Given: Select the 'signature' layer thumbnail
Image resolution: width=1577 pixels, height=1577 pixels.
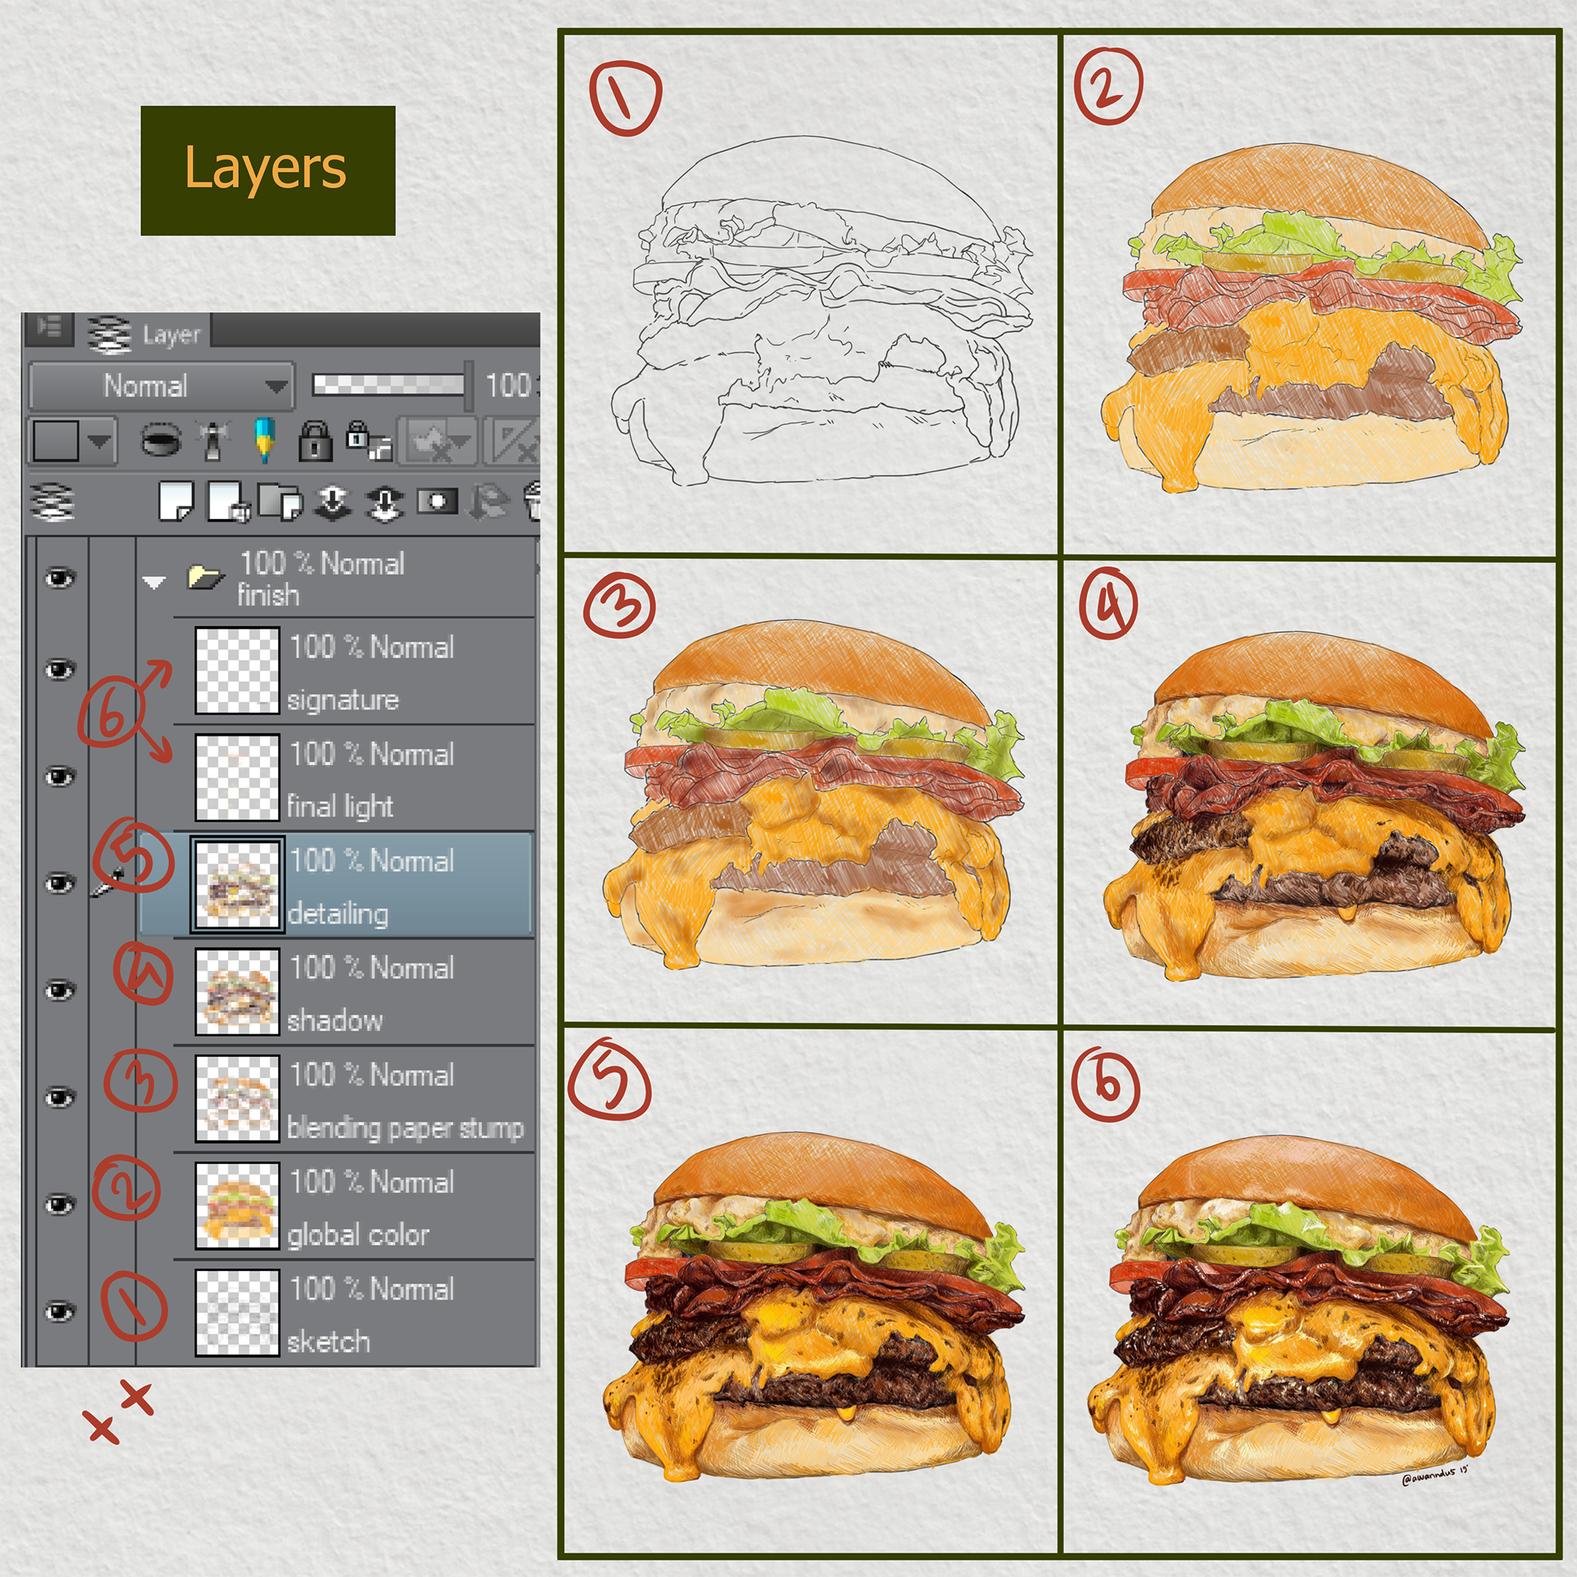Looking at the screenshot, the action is [237, 670].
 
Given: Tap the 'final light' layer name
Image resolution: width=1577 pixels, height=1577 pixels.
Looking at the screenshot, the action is [341, 807].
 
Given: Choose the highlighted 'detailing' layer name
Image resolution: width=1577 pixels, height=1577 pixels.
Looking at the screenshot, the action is [338, 914].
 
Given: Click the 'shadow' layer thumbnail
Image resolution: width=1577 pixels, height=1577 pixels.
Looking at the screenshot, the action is [237, 991].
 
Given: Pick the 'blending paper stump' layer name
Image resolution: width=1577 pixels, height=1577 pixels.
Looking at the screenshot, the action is [405, 1128].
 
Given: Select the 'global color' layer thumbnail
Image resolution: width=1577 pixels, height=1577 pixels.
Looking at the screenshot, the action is [237, 1205].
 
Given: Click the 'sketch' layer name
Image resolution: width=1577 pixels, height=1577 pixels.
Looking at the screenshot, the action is [328, 1341].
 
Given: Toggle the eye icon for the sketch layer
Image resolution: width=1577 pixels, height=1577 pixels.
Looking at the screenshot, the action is [60, 1312].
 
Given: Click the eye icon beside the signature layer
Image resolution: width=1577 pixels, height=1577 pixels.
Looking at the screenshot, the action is [60, 670].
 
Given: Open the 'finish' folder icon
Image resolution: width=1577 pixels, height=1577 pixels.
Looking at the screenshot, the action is [206, 577].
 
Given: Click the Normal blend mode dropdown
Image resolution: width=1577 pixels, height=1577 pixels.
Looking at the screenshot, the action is [161, 386].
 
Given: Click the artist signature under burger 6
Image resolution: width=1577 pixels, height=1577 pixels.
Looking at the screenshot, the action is [1434, 1476].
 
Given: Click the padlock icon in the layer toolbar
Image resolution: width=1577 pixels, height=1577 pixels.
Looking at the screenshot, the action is [315, 441].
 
